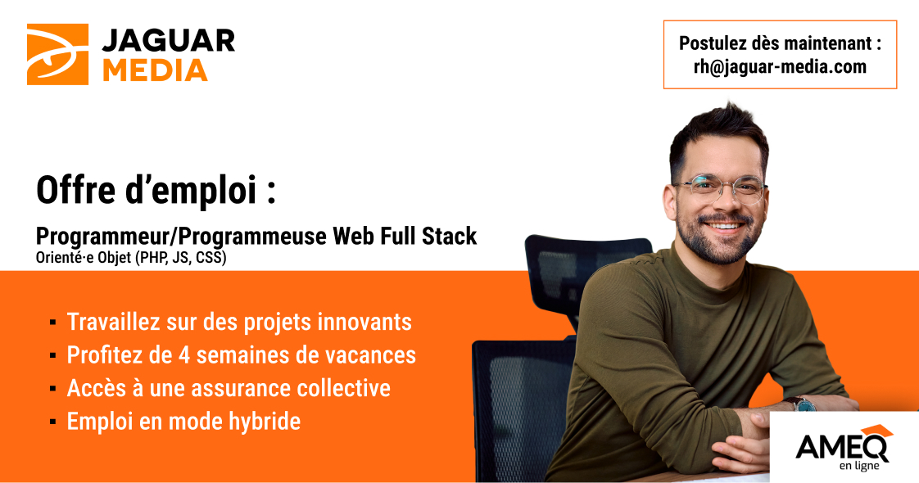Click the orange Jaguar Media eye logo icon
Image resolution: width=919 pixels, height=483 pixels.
click(x=57, y=54)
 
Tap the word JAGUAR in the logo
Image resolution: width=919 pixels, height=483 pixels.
click(x=168, y=41)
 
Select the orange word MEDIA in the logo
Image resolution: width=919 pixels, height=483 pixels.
click(x=155, y=70)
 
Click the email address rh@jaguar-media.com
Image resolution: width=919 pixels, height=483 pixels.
click(x=780, y=67)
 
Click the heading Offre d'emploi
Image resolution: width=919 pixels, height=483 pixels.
click(x=155, y=190)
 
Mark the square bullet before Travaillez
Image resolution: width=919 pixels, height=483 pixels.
click(x=53, y=323)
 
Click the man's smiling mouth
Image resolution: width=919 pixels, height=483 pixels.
click(x=727, y=226)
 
